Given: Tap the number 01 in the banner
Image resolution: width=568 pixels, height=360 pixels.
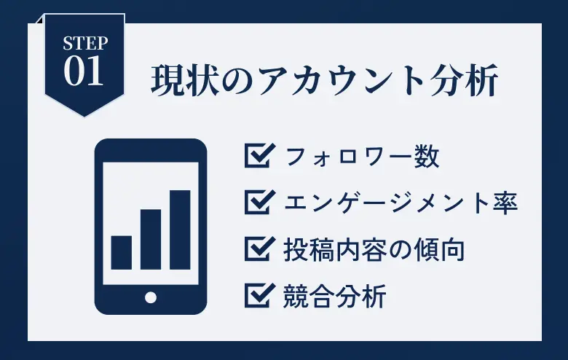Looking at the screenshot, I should [x=84, y=71].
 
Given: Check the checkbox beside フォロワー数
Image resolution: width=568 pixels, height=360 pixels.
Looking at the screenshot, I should [x=259, y=155].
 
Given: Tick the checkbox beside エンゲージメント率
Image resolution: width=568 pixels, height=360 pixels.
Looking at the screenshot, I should [x=259, y=202].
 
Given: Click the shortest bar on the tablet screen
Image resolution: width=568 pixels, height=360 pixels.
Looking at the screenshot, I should [x=121, y=253].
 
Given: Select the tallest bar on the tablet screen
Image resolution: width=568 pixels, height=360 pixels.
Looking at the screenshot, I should [x=180, y=230].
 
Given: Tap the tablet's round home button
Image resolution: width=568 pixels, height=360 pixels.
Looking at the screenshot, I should [x=151, y=297].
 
